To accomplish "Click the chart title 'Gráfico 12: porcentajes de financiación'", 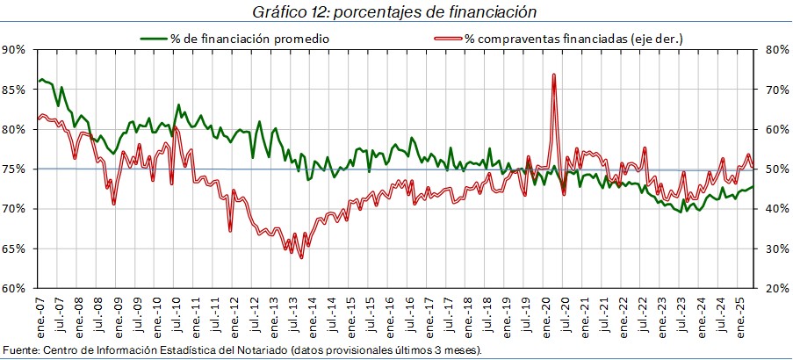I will point(394,11).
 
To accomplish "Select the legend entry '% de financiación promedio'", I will point(237,39).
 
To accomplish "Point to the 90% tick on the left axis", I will point(15,50).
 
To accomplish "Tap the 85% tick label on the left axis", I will point(15,90).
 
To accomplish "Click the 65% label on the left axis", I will point(15,248).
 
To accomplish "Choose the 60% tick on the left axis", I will point(15,288).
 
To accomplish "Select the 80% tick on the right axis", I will point(777,50).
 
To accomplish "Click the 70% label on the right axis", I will point(777,90).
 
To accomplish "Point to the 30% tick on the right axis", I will point(777,248).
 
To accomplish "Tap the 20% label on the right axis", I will point(777,288).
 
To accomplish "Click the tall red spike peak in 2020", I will point(554,75).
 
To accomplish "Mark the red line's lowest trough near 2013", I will point(301,257).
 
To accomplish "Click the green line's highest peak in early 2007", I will point(41,79).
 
